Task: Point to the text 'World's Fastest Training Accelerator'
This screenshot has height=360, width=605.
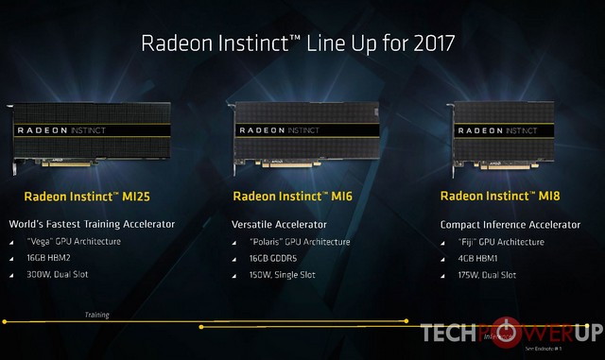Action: (92, 225)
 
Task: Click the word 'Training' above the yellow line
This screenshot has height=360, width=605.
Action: (96, 315)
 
